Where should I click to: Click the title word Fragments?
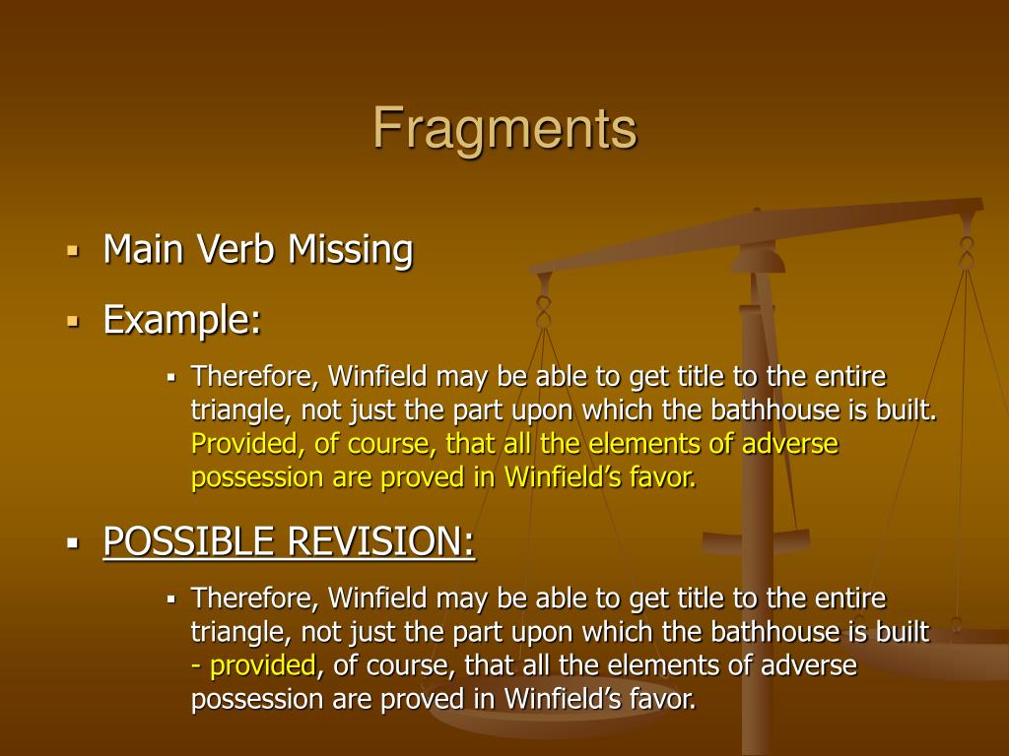click(504, 129)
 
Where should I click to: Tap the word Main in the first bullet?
click(143, 249)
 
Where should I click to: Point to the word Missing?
click(350, 251)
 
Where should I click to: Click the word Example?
click(182, 319)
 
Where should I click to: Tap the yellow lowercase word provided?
click(262, 665)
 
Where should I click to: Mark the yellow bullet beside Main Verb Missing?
click(72, 250)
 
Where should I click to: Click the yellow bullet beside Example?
click(72, 320)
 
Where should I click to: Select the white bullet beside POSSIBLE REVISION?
click(72, 541)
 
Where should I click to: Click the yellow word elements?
click(659, 444)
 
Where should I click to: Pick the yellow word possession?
click(256, 478)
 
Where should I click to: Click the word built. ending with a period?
click(907, 410)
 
